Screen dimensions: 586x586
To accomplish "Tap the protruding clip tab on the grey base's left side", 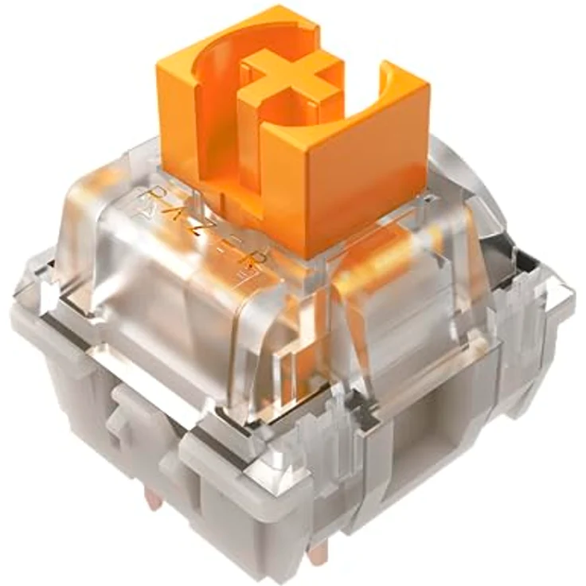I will pos(127,414).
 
